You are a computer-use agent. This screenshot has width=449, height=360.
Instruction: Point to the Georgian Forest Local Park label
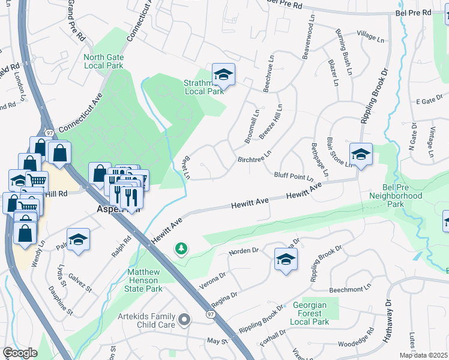311,313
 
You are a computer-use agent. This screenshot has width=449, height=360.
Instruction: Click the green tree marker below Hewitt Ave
180,248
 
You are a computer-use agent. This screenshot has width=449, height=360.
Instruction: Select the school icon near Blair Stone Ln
361,155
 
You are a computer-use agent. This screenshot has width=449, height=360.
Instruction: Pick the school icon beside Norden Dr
286,259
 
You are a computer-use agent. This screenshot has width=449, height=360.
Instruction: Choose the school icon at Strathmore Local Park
223,75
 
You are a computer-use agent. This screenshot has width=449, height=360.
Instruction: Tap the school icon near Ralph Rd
78,240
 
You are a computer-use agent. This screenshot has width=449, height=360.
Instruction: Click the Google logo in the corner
20,353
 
